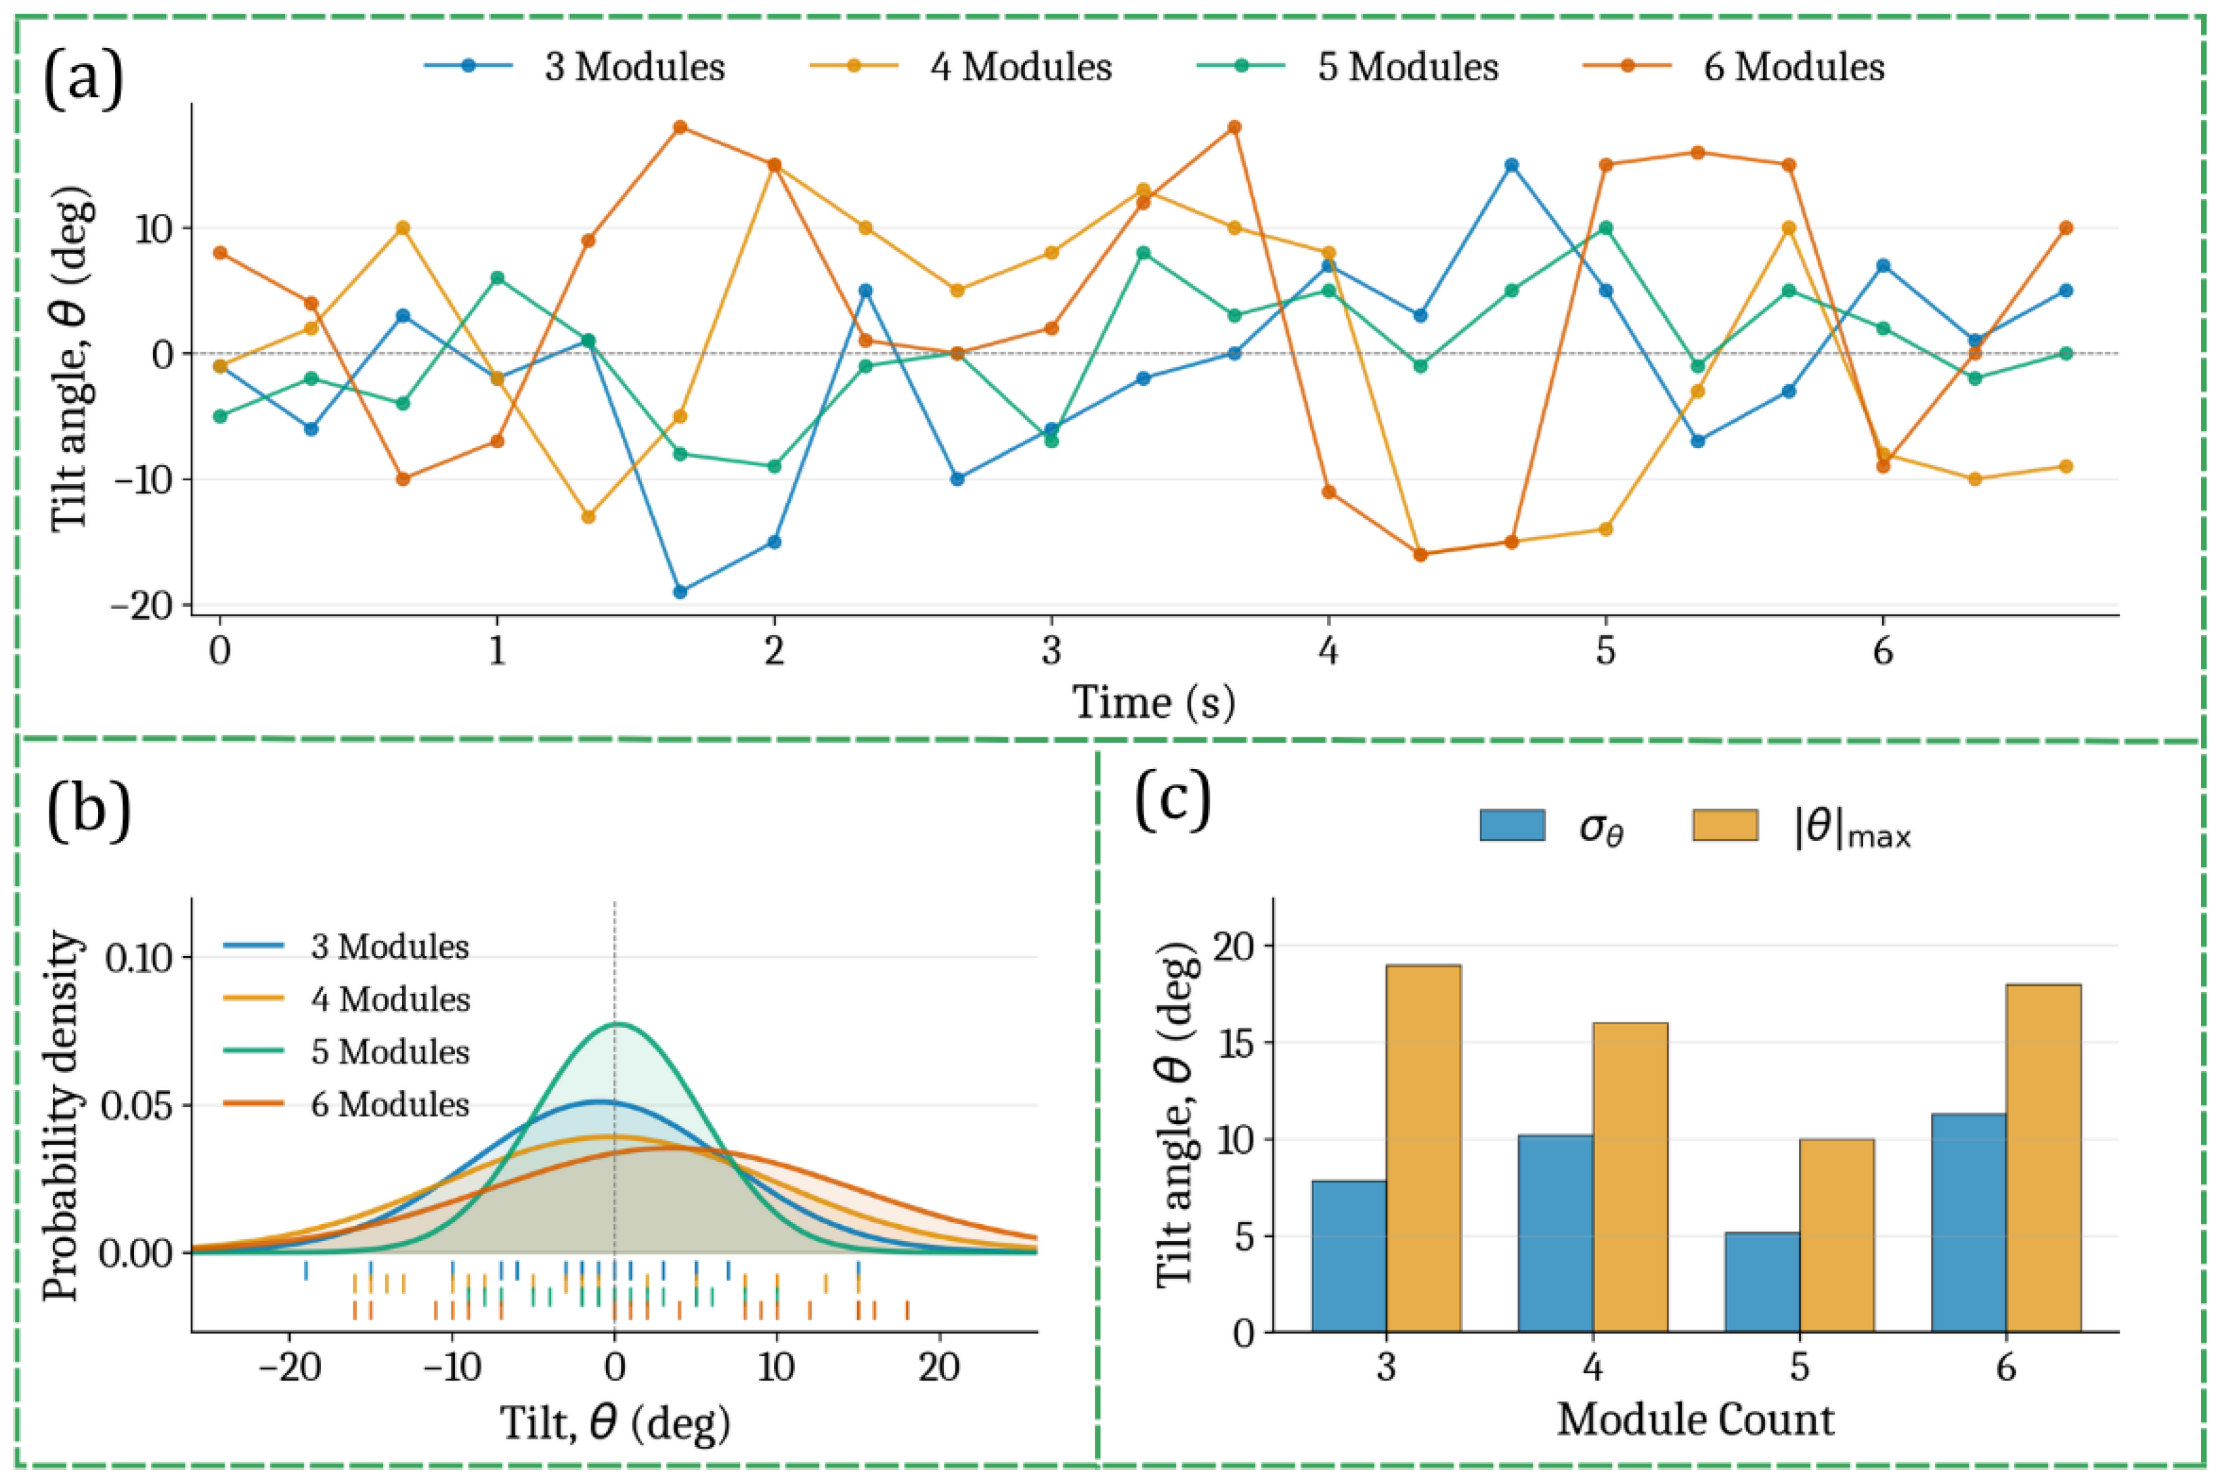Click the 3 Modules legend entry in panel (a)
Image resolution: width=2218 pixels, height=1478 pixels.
(x=574, y=67)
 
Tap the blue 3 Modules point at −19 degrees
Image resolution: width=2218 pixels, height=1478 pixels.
(x=680, y=592)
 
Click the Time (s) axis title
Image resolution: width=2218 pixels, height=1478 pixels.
(x=1154, y=702)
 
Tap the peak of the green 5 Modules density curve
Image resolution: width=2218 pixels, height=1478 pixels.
(x=617, y=1023)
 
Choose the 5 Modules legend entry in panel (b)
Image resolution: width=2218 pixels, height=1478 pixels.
(x=346, y=1051)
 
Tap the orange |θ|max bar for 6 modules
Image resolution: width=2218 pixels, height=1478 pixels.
(x=2043, y=1158)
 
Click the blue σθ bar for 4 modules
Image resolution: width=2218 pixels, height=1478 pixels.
(x=1555, y=1233)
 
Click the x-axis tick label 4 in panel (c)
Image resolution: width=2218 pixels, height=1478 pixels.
(x=1593, y=1367)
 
